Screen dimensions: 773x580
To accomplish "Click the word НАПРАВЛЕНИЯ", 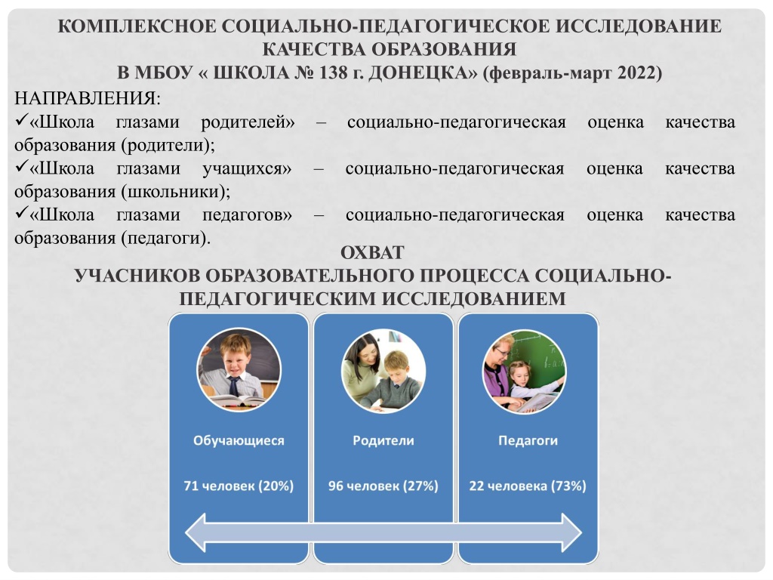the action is (x=88, y=98).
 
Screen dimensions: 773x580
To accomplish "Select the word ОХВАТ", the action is (x=372, y=252).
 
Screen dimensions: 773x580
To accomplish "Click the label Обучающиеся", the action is (x=239, y=440).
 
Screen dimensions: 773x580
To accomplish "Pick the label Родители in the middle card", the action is (x=383, y=440).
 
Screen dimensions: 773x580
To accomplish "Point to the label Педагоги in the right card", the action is (x=528, y=440).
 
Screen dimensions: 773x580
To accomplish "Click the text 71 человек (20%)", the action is (x=239, y=486).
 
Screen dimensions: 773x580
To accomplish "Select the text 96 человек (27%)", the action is (x=383, y=486).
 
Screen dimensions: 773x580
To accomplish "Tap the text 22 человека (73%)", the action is (x=528, y=486).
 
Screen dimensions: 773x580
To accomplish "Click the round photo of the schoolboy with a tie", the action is (x=239, y=370).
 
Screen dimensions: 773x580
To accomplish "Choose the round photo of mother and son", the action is (x=383, y=370).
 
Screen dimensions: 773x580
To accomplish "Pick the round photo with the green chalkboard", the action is (x=524, y=372).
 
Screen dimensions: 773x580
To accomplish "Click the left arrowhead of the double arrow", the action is (x=196, y=532).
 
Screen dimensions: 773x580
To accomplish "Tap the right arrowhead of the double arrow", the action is (x=572, y=532).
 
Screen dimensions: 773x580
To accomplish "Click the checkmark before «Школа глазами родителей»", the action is (x=21, y=120).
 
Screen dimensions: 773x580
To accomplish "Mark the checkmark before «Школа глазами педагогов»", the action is (x=21, y=212).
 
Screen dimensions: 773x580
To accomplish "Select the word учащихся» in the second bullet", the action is (x=247, y=168).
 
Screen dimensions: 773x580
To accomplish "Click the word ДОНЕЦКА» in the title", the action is (x=423, y=72).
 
